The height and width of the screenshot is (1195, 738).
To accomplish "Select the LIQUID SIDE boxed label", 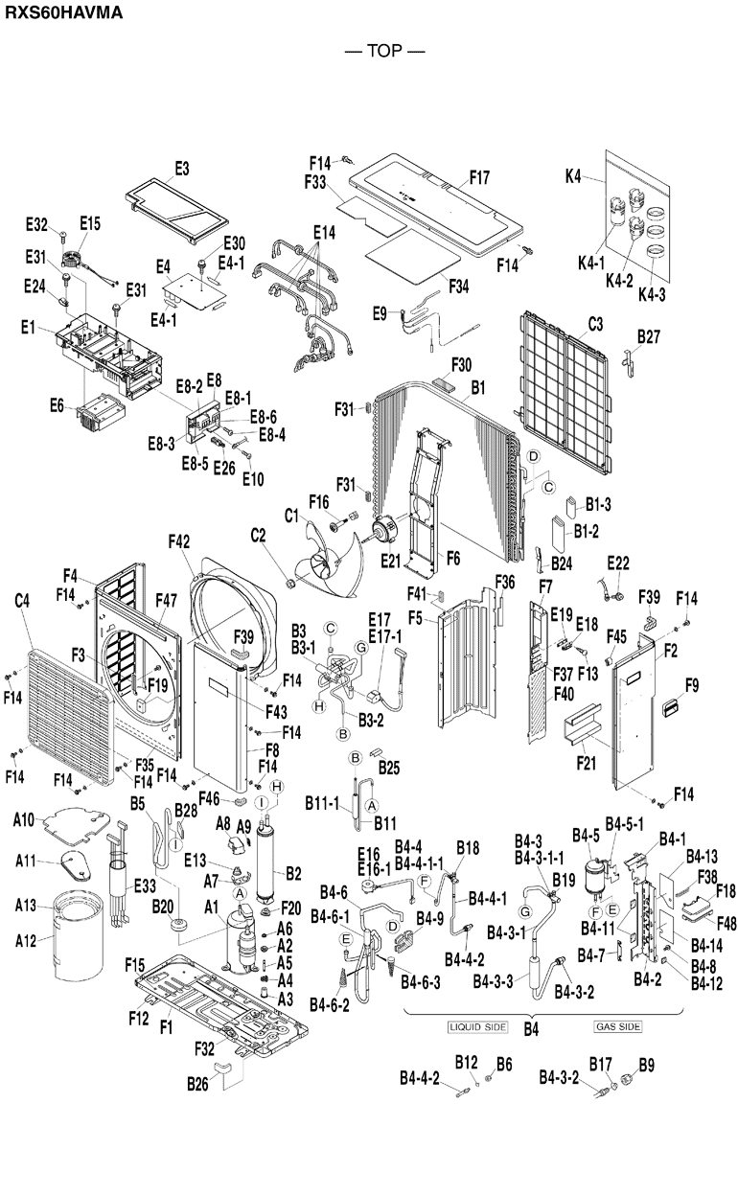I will pos(475,1026).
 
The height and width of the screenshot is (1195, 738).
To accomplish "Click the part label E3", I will pos(182,169).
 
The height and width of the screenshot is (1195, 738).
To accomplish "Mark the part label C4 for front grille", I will pos(23,602).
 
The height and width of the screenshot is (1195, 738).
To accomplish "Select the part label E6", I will pos(57,406).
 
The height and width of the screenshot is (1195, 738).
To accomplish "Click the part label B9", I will pos(647,1064).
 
